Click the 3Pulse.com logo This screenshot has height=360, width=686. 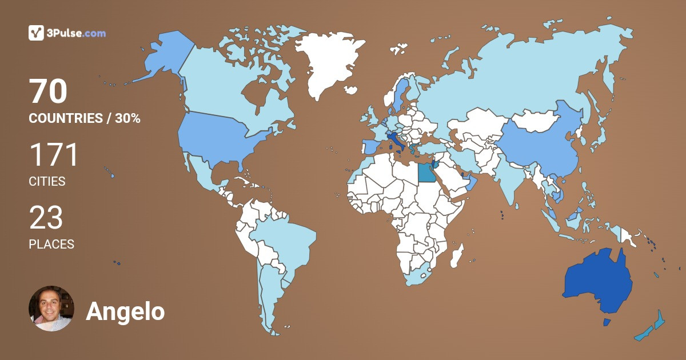pyautogui.click(x=67, y=33)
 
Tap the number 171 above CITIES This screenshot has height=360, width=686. pyautogui.click(x=53, y=155)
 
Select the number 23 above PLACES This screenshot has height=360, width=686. pyautogui.click(x=46, y=218)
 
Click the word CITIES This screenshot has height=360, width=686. pyautogui.click(x=47, y=182)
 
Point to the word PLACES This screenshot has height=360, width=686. pyautogui.click(x=51, y=245)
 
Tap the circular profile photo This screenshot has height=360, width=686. pyautogui.click(x=51, y=309)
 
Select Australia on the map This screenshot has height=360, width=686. pyautogui.click(x=597, y=280)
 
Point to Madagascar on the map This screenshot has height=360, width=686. pyautogui.click(x=456, y=255)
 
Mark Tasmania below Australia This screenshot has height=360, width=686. pyautogui.click(x=607, y=323)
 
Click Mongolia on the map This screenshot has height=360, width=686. pyautogui.click(x=535, y=120)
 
